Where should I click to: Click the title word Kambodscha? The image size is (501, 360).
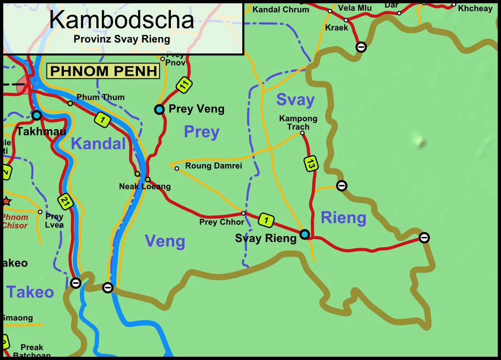[122, 20]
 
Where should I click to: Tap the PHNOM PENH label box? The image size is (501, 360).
[103, 71]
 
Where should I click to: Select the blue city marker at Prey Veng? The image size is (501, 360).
[160, 110]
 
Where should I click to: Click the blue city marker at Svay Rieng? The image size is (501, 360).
[305, 234]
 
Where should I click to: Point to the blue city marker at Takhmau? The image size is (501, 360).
[37, 115]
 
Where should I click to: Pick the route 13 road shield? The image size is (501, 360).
[310, 164]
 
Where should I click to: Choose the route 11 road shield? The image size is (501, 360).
[185, 85]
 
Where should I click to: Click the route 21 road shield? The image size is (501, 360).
[66, 202]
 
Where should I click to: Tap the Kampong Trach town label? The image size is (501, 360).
[298, 123]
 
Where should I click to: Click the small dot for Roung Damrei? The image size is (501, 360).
[177, 168]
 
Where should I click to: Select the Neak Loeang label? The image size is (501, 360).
[145, 187]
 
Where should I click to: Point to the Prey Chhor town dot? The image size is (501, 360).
[243, 213]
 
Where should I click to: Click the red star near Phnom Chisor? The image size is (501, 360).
[6, 201]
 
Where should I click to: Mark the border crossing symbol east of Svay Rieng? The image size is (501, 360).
[424, 237]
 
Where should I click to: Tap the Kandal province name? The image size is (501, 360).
[98, 144]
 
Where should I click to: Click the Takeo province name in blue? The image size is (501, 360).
[30, 292]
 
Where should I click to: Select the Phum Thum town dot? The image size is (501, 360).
[70, 103]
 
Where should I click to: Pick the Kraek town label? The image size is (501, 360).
[337, 28]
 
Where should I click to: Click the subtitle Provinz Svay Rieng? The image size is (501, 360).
[122, 39]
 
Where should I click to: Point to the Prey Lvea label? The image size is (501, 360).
[54, 220]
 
